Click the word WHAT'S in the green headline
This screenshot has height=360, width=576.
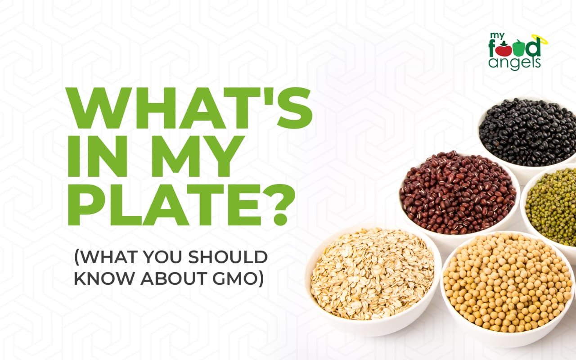point(189,108)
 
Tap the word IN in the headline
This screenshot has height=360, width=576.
point(97,156)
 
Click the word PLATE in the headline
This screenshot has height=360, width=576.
point(165,205)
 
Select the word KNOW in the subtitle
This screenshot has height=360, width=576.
point(104,278)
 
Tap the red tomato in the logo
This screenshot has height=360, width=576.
point(501,50)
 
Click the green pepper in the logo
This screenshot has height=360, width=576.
point(517,49)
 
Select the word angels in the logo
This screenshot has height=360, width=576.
point(514,63)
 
